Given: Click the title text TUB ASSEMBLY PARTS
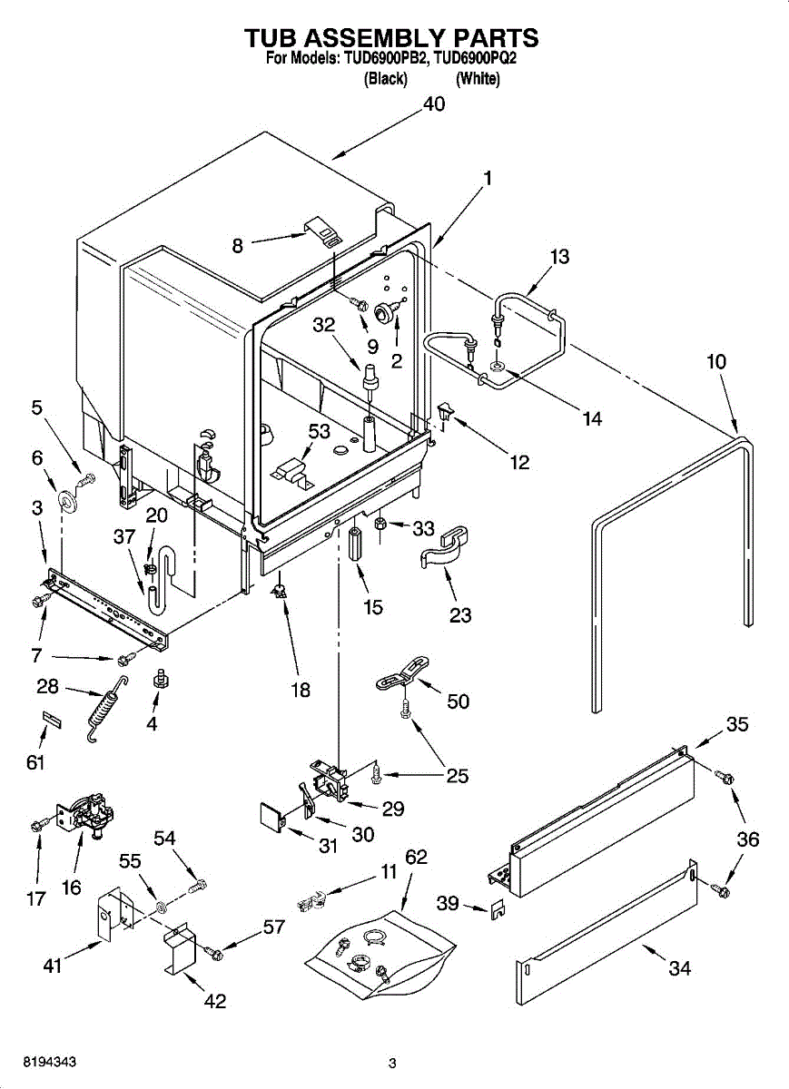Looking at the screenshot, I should coord(391,38).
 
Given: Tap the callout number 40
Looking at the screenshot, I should coord(434,104).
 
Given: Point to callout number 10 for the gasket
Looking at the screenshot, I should coord(716,361).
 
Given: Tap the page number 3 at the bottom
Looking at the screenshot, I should coord(392,1063).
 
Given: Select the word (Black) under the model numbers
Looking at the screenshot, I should coord(385,79).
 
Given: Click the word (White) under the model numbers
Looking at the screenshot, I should coord(478,79).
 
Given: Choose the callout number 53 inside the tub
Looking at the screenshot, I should coord(319,431).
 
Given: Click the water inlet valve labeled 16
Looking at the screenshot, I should coord(86,812).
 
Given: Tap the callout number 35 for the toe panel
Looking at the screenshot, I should coord(737,724).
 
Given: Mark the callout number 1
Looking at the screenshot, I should coord(488,179).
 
